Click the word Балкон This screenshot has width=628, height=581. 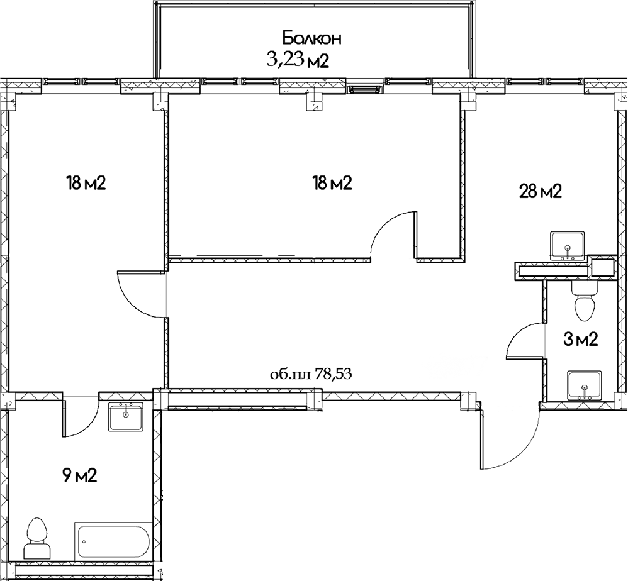311,38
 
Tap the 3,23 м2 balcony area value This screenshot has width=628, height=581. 299,60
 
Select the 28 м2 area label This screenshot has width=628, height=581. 540,191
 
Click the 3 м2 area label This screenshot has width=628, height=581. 580,340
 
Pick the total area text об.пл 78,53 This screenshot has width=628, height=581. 310,375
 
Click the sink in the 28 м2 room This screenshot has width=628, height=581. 568,246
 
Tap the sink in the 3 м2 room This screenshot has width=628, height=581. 585,385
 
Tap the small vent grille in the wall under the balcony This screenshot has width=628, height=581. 364,89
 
